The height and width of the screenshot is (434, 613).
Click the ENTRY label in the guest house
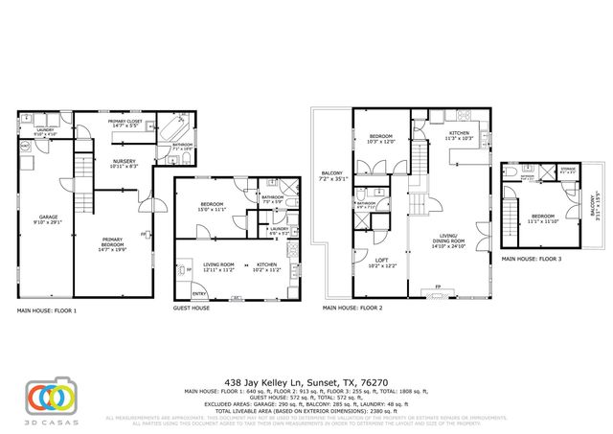click(199, 293)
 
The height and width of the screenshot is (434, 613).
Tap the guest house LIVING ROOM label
click(219, 266)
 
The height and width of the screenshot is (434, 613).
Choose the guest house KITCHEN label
click(266, 266)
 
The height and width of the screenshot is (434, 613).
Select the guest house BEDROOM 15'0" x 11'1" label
click(213, 205)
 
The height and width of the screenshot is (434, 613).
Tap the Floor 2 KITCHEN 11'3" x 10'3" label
click(458, 136)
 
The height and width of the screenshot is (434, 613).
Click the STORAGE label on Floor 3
click(568, 171)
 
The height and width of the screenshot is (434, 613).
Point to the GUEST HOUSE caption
click(192, 309)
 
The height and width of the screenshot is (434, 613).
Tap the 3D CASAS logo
click(53, 398)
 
